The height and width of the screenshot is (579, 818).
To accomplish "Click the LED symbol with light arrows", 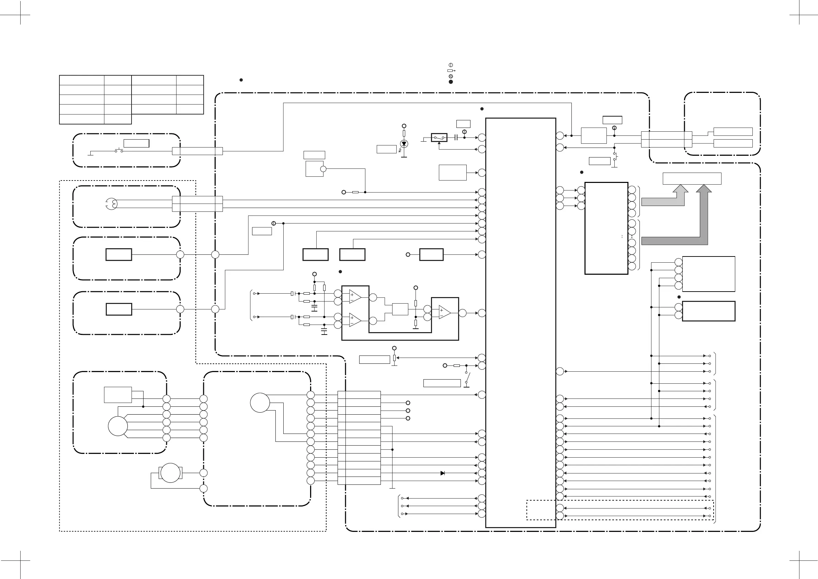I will coord(404,144).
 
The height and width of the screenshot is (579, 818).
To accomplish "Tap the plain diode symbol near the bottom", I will coord(443,473).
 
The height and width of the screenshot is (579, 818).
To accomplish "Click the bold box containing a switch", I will coord(439,137).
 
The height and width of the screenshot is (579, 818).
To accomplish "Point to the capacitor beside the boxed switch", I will coord(456,137).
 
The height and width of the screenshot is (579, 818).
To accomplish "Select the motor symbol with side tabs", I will coord(170,473).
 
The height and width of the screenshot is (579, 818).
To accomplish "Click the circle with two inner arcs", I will coord(112,204).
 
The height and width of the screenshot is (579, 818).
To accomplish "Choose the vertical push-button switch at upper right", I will coord(615,157).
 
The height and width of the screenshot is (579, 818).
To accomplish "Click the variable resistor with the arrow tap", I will coord(394,358).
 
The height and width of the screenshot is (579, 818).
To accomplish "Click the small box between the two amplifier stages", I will coord(400,309).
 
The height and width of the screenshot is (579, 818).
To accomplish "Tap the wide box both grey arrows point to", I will coord(692,178).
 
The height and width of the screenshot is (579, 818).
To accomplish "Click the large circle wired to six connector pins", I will coord(117,426).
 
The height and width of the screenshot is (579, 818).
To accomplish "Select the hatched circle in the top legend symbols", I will coord(451,76).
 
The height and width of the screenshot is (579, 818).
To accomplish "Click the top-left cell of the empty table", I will coord(82,80).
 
